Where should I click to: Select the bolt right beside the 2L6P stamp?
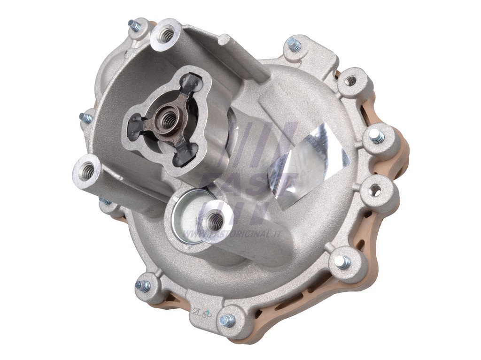pos(227,321)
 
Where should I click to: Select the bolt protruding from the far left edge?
pos(86,117)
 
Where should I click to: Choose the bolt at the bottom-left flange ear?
pos(143,285)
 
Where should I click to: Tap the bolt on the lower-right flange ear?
pos(343,262)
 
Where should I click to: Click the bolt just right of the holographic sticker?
pos(376,136)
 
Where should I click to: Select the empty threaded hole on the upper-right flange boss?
pos(351,81)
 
